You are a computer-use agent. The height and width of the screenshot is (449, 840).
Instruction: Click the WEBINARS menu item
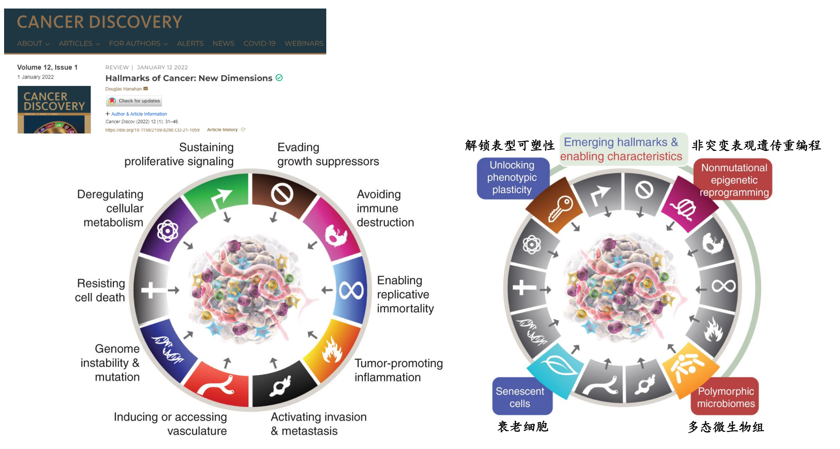(x=304, y=43)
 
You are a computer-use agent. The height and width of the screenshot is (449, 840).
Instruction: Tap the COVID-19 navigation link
(x=259, y=43)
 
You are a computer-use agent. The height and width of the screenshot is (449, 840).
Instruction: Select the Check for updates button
(x=134, y=101)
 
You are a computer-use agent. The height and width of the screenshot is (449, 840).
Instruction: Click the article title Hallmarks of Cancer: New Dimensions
(x=189, y=78)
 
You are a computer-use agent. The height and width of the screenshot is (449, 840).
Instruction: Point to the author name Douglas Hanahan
(x=123, y=89)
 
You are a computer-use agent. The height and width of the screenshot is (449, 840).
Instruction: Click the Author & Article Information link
(x=139, y=114)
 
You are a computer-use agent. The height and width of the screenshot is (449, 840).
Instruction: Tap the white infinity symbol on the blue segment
(x=351, y=290)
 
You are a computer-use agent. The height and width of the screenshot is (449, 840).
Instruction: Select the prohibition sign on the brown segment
(x=282, y=194)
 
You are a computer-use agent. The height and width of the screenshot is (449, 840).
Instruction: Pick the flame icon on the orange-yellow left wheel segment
(x=331, y=350)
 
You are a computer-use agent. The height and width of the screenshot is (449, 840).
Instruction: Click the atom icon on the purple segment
(x=168, y=231)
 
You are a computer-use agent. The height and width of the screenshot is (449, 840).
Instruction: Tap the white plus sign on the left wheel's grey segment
(x=151, y=290)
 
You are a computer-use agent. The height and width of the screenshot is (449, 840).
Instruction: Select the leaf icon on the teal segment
(x=556, y=366)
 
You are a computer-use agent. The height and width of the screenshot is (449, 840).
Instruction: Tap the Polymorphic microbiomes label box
(x=725, y=397)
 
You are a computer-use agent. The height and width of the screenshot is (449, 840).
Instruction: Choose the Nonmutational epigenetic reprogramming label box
(x=734, y=180)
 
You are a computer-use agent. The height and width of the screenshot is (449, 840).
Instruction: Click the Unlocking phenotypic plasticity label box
(x=512, y=177)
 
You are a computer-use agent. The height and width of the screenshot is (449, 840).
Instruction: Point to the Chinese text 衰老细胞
(x=523, y=427)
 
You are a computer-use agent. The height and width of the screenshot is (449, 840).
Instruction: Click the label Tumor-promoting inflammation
(x=398, y=370)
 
